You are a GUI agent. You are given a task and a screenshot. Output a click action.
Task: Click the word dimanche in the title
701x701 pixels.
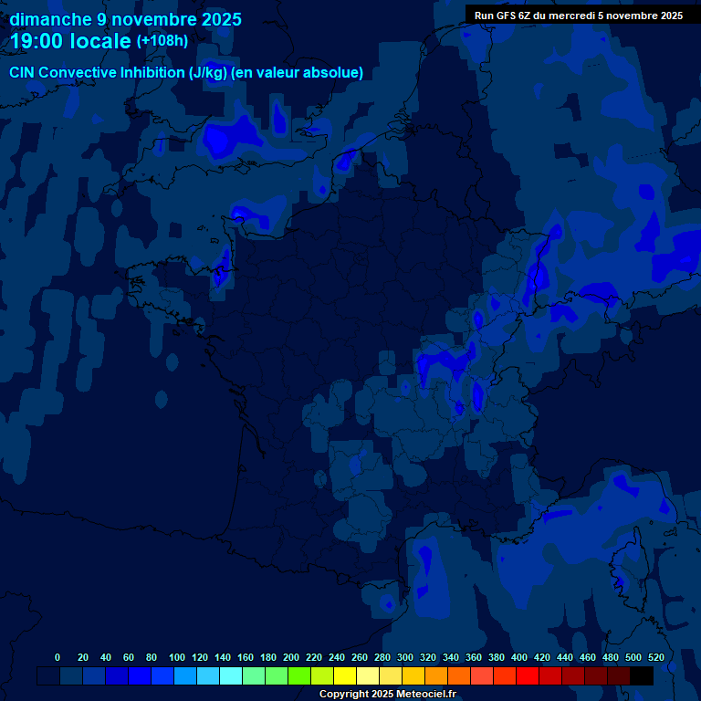click(x=50, y=19)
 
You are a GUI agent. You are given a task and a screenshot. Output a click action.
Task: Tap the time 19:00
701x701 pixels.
click(x=37, y=41)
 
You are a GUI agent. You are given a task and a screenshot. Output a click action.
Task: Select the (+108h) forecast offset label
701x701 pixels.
click(x=163, y=41)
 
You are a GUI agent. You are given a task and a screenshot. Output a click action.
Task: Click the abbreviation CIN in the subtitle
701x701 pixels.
click(x=23, y=73)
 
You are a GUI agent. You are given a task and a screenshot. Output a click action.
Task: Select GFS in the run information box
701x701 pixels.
click(x=508, y=16)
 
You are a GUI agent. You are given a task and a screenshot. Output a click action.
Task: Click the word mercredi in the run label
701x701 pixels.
click(x=572, y=16)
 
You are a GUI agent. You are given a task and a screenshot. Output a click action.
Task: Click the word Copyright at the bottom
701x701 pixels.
click(x=346, y=695)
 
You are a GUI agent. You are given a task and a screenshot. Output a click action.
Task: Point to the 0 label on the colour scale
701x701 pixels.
click(x=58, y=657)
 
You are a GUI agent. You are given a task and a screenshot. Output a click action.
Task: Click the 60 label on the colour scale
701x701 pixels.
click(x=128, y=657)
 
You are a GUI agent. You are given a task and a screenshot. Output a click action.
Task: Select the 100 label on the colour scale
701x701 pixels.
click(x=177, y=657)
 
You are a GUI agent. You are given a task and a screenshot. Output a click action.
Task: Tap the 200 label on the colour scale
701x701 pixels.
click(x=291, y=657)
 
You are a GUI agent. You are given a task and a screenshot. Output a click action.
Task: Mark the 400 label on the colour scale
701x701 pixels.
click(x=519, y=657)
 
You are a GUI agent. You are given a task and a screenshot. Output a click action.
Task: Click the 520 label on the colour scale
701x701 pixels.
click(x=655, y=657)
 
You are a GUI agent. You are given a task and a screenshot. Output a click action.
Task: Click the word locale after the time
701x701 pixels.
click(x=99, y=41)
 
